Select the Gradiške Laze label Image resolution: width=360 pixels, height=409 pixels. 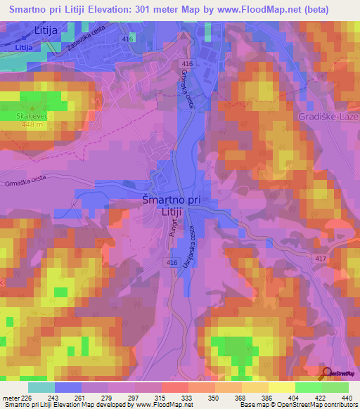(328, 115)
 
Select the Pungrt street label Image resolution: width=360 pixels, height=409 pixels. (172, 232)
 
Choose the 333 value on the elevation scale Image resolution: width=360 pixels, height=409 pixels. (187, 397)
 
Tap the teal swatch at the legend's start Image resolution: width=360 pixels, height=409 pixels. (41, 387)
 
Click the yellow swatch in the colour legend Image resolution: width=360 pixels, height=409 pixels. (281, 387)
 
